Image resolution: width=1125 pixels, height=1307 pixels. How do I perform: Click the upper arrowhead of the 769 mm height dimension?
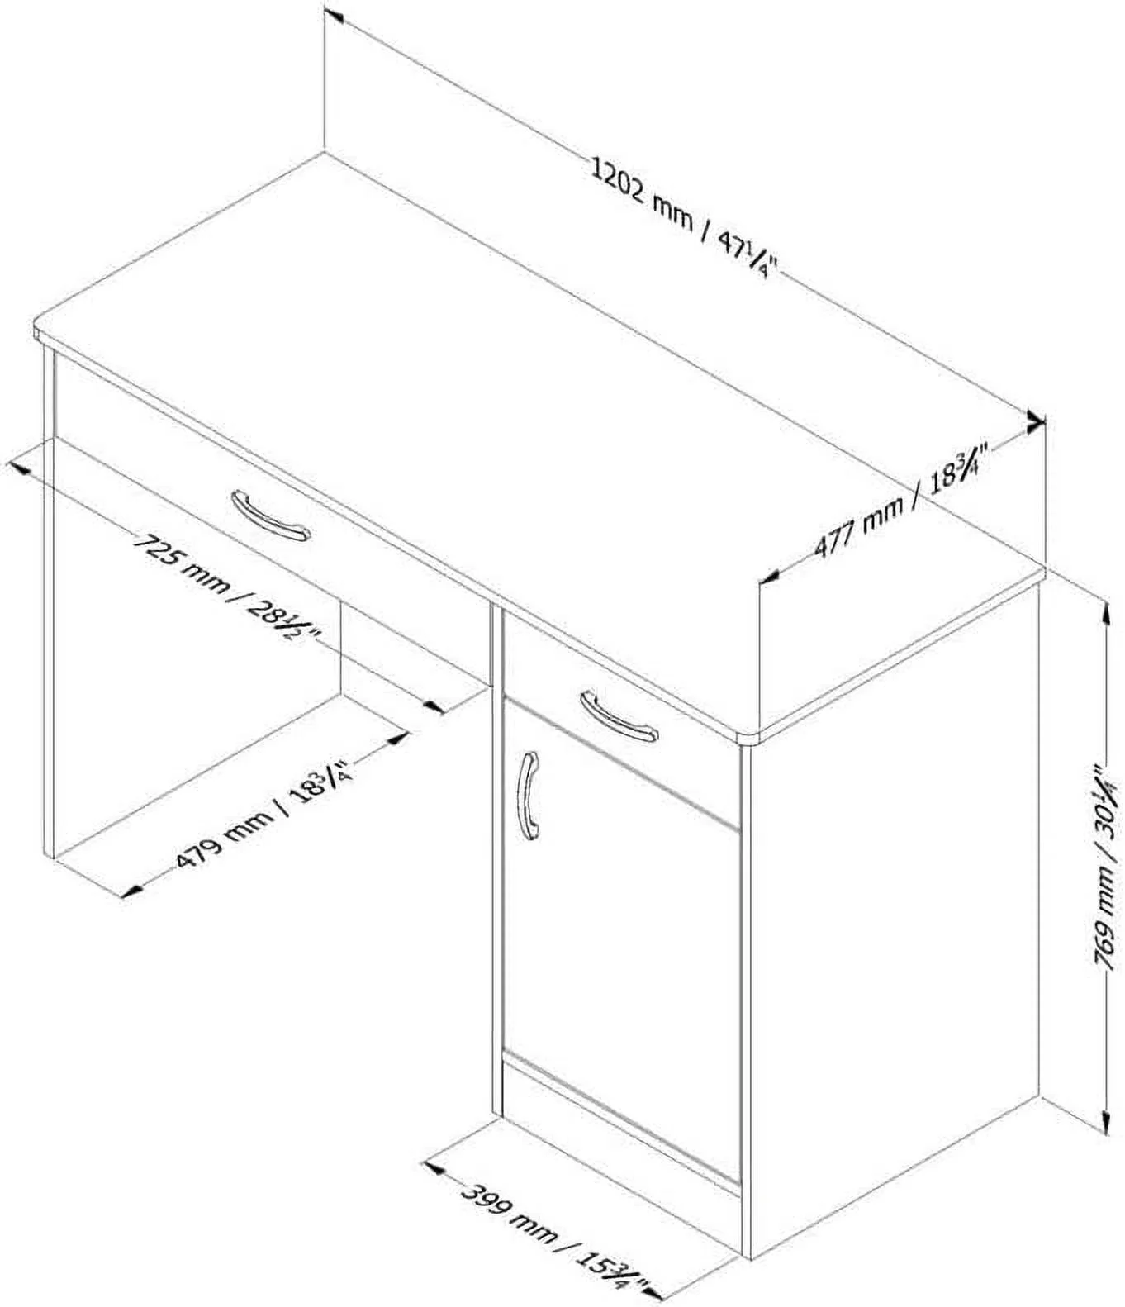point(1105,615)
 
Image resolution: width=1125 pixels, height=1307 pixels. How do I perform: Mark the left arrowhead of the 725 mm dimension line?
point(18,469)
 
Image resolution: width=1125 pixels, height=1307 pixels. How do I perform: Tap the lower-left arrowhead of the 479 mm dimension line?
point(131,891)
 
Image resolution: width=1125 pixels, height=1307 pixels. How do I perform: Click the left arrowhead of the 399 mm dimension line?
point(434,1167)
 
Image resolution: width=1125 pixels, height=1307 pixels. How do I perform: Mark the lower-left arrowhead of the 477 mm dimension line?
point(770,575)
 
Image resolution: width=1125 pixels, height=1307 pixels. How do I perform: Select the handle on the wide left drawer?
point(271,516)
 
